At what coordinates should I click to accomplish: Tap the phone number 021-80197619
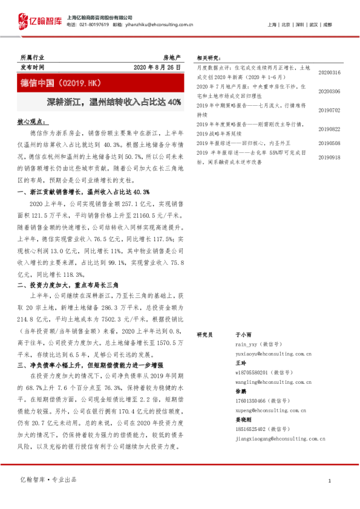(92, 25)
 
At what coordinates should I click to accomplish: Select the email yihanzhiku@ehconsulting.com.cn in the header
(162, 25)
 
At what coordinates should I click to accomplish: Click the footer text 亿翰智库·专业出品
(48, 479)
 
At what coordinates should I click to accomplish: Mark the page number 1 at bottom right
(329, 480)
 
